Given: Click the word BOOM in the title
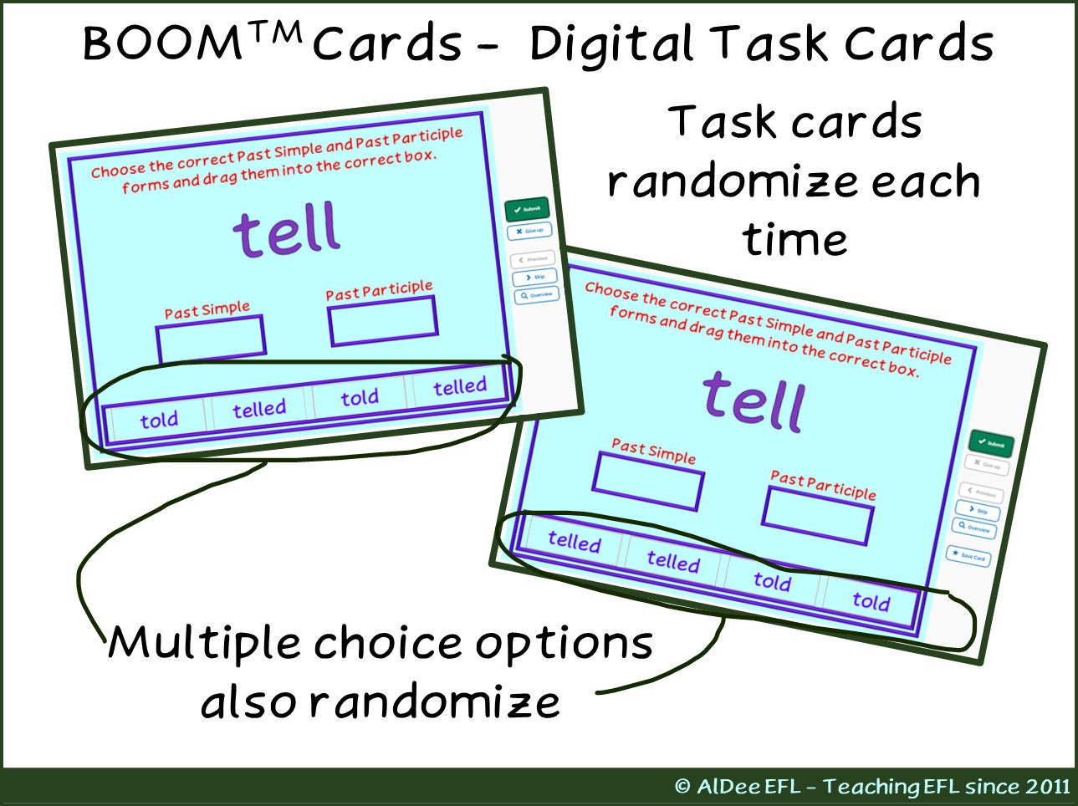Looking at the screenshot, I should coord(162,43).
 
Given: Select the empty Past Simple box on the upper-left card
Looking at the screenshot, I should coord(211,339).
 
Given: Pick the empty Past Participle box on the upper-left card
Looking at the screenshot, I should coord(382,320).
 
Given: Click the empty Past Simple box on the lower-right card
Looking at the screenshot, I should coord(648,481).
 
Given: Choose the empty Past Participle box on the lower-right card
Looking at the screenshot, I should coord(818,516).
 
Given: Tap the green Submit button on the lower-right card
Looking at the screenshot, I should coord(991,444).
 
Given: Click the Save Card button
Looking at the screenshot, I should coord(968,556).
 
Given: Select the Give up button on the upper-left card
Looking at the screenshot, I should coord(529,231).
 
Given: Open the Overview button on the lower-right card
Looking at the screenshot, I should coord(974,528).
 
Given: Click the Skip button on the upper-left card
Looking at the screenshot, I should coord(534,277).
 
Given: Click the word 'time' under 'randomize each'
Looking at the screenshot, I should coord(794,240).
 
